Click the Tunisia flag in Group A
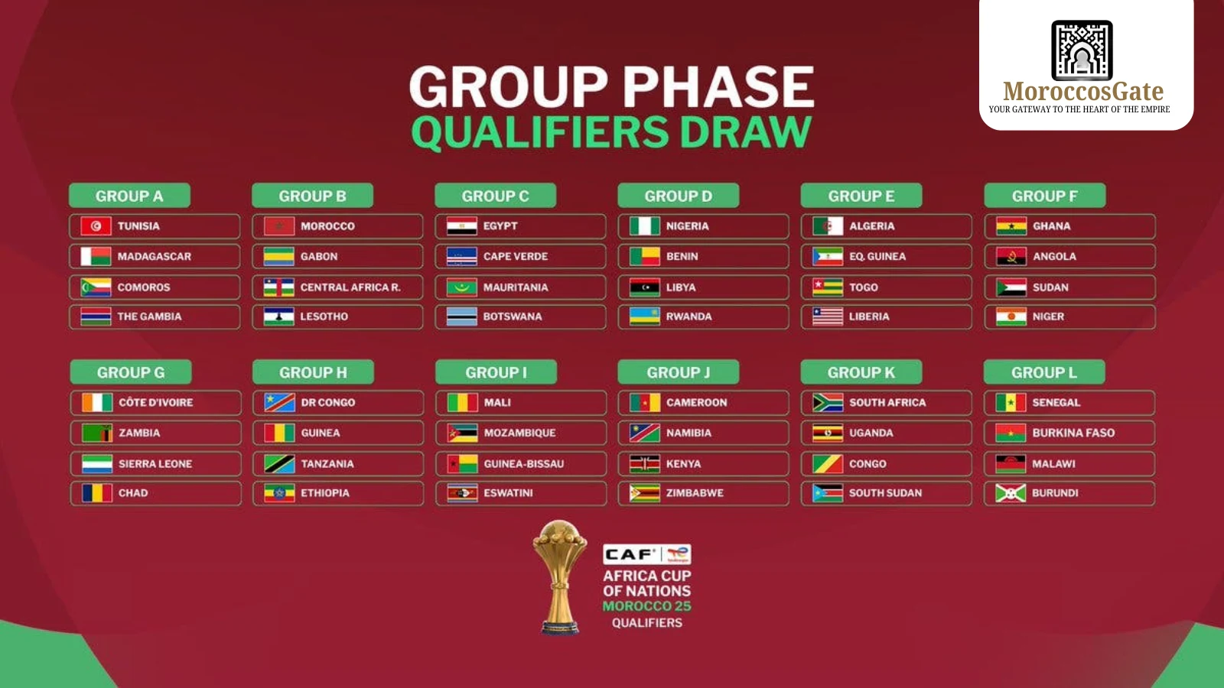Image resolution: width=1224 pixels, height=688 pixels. coord(96,226)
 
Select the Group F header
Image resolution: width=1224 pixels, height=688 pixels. coord(1044,196)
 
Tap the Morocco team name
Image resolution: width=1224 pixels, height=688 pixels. coord(327,226)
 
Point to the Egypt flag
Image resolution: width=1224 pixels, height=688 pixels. coord(461,226)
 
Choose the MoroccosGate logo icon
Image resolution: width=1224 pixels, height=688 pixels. coord(1082,50)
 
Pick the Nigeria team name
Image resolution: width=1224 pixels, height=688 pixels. coord(687,226)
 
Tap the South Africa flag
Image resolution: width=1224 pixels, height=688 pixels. coord(827,403)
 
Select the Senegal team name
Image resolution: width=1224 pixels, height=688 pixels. coord(1056,403)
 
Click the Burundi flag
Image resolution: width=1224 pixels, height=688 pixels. coord(1010,494)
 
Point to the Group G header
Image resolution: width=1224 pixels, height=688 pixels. coord(130,372)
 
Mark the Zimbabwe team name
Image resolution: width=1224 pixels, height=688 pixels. coord(694,493)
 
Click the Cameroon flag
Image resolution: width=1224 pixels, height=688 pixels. coord(644,403)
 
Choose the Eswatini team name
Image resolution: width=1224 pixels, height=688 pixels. coord(508,493)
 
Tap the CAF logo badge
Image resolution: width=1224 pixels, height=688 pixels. coord(646,554)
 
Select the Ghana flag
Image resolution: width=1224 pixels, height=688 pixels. coord(1011,226)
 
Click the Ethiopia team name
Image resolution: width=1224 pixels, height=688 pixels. coord(324,493)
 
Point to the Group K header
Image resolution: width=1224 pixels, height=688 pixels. coord(861,372)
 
